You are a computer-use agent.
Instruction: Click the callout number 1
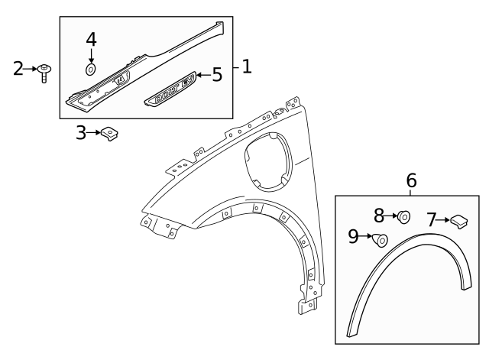pos(246,66)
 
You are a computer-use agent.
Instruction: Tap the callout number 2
pos(19,69)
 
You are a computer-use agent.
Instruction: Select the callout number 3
pos(82,133)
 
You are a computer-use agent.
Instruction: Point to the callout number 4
pos(91,39)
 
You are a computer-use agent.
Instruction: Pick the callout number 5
pos(217,74)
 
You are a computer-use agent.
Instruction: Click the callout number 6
pos(411,180)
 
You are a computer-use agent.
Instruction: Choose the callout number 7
pos(432,220)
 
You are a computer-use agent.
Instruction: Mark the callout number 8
pos(379,216)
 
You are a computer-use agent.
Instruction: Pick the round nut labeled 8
pos(403,217)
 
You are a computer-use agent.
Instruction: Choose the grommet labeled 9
pos(379,241)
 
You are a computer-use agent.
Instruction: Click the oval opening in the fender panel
pos(268,161)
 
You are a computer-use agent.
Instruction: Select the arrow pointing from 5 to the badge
pos(202,75)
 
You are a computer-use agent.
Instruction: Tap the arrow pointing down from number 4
pos(91,55)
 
